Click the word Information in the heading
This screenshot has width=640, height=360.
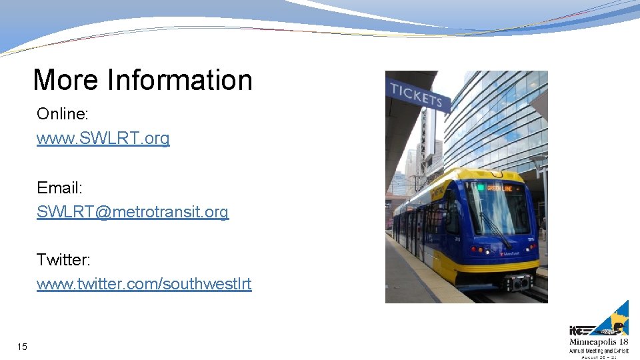[x=180, y=81]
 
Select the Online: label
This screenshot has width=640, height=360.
[x=62, y=114]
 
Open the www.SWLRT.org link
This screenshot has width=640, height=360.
[x=103, y=139]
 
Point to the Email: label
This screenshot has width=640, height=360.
[x=59, y=187]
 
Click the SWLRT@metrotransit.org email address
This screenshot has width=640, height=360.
[x=132, y=212]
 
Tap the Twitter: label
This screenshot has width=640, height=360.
[x=63, y=259]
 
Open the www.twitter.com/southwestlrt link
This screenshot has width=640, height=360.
[x=144, y=284]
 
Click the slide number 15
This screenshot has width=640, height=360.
[x=23, y=347]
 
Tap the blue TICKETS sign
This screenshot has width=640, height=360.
[x=417, y=97]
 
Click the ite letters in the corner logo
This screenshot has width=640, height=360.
[x=577, y=330]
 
